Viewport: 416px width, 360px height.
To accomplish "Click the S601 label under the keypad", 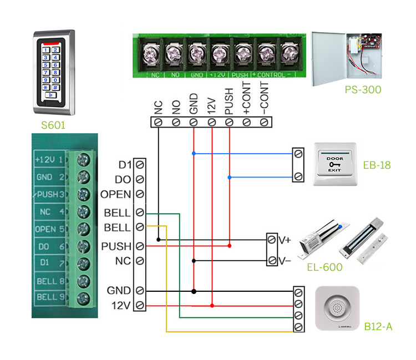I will [x=53, y=125].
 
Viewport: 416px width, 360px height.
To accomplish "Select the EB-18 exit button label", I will [x=378, y=165].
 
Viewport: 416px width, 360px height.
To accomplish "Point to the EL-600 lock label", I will [x=324, y=267].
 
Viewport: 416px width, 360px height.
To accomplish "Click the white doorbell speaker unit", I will [x=338, y=310].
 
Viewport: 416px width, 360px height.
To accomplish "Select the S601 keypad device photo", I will [x=54, y=69].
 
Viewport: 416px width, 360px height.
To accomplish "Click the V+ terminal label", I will [x=285, y=240].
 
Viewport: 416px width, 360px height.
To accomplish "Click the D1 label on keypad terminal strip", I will [x=125, y=165].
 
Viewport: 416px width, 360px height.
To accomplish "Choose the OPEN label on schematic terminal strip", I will [x=116, y=195].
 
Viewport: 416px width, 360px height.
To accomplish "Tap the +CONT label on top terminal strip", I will [x=247, y=99].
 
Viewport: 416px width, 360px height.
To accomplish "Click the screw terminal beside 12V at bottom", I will [x=140, y=305].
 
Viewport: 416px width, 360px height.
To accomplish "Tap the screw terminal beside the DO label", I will [x=140, y=180].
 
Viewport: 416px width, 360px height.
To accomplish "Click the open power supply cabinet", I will [x=347, y=58].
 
